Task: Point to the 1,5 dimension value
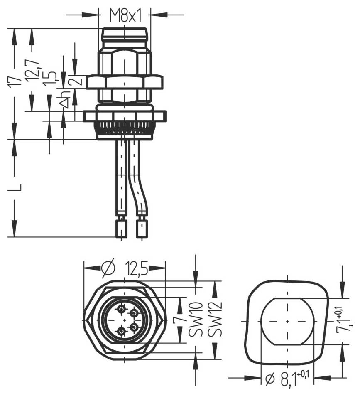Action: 50,78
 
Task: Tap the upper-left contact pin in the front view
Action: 121,310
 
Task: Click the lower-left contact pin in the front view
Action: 121,331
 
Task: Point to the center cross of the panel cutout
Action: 288,322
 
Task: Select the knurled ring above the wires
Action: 125,129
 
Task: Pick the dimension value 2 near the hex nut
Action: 76,81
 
